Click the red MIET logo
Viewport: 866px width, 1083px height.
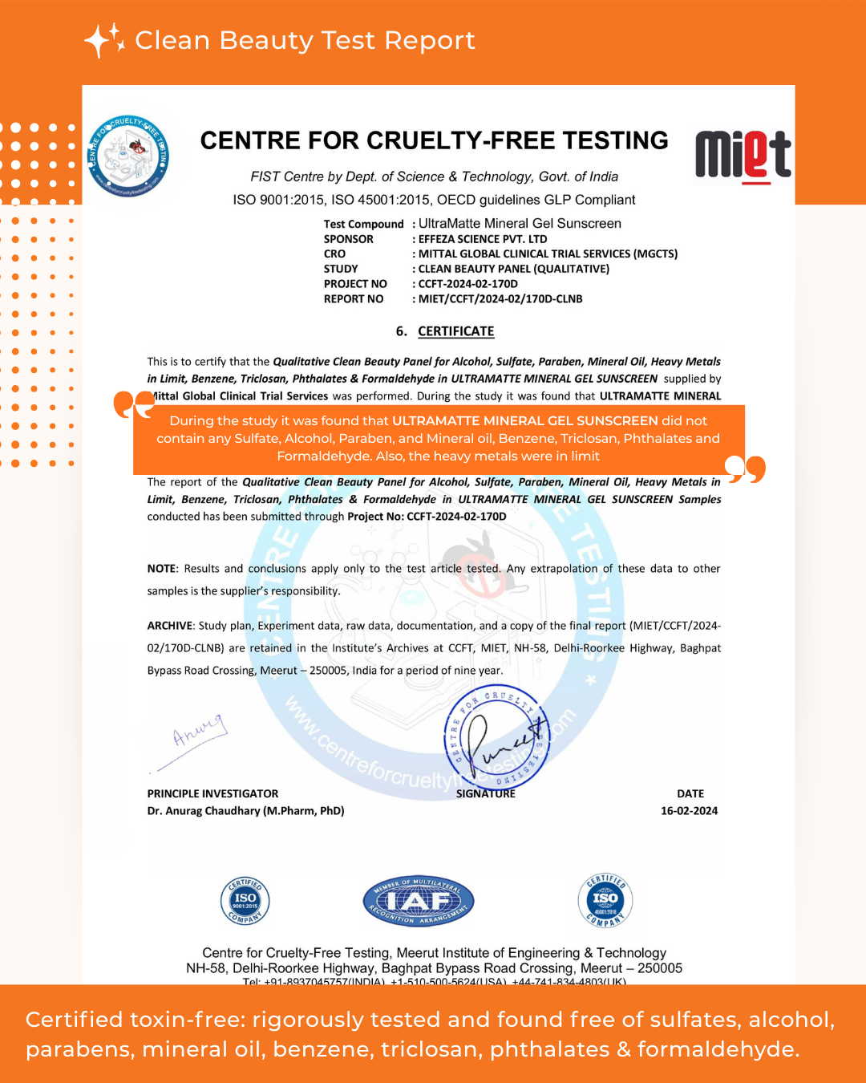(743, 156)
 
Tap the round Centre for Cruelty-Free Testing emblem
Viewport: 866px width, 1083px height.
(128, 156)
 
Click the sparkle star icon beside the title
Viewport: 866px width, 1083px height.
(104, 40)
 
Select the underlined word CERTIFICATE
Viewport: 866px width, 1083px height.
(455, 331)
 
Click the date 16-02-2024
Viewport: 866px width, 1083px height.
(689, 811)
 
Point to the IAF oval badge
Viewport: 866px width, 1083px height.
(419, 901)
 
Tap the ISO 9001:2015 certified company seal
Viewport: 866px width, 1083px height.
(245, 901)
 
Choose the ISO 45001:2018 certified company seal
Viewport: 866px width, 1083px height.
(605, 900)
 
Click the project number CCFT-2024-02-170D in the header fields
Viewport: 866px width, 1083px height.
(467, 284)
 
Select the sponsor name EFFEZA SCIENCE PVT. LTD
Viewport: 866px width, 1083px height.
(482, 239)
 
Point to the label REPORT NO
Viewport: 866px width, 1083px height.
(354, 299)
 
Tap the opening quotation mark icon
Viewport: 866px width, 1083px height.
(133, 404)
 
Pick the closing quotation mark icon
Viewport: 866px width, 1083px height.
(745, 468)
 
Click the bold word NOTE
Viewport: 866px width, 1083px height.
(161, 569)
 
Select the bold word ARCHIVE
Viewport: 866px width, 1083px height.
(169, 626)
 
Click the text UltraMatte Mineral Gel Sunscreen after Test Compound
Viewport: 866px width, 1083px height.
(520, 224)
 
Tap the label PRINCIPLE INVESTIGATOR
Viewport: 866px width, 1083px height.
(212, 793)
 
